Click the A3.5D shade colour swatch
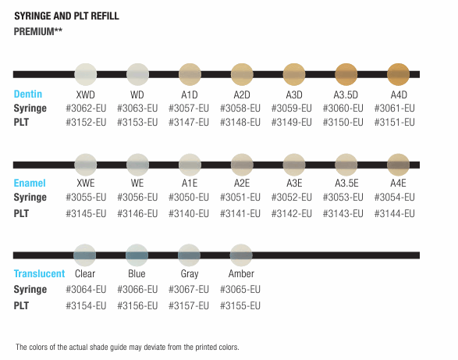pos(346,74)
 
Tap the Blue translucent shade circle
pos(137,255)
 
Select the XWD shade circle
pos(86,74)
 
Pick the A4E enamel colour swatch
pos(399,165)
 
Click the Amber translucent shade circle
pos(241,255)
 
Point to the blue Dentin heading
pos(28,94)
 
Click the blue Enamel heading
pos(30,183)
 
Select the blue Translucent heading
pos(39,274)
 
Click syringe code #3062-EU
pos(86,109)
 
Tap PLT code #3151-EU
pos(394,123)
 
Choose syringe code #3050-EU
pos(189,197)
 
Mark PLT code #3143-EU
pos(343,213)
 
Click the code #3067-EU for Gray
pos(189,289)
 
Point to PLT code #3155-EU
pos(240,305)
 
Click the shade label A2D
pos(242,94)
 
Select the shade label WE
pos(137,183)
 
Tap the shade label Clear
pos(85,274)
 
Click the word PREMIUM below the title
pos(34,31)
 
